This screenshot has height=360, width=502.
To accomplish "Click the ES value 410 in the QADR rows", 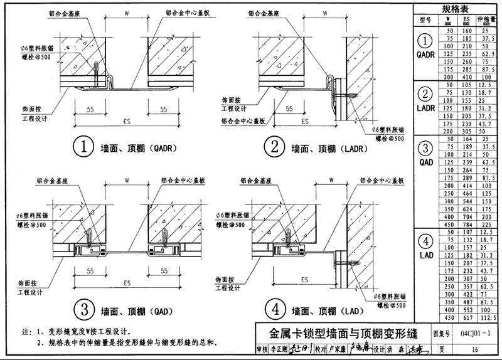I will pyautogui.click(x=466, y=77).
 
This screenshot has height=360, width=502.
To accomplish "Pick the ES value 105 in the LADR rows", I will pyautogui.click(x=466, y=85).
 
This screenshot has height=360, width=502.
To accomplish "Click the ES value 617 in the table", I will pyautogui.click(x=466, y=319).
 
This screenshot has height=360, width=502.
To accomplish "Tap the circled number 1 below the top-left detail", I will pyautogui.click(x=83, y=149).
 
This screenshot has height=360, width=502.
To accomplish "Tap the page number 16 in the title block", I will pyautogui.click(x=475, y=350).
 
